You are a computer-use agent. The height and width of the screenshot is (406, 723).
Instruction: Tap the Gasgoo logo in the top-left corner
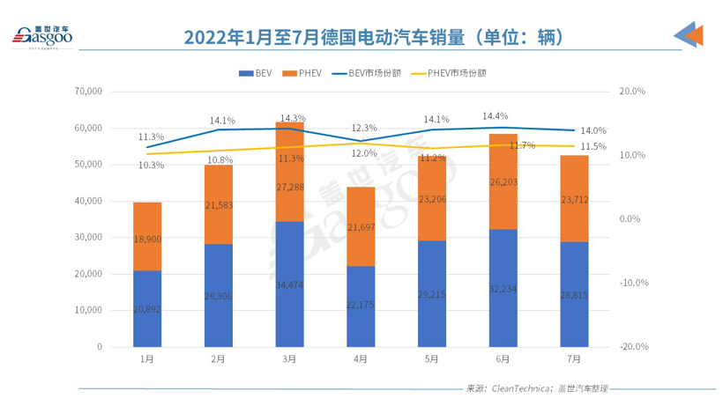point(44,36)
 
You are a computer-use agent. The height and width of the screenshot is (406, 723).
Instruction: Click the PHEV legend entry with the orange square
point(305,73)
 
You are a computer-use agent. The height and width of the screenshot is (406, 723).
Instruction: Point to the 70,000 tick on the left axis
point(90,92)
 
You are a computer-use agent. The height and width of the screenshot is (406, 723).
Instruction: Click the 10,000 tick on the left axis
point(90,311)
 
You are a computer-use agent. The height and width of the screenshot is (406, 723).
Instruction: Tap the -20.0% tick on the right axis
point(634,347)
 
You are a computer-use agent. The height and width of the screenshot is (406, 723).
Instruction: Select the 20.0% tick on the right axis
point(634,92)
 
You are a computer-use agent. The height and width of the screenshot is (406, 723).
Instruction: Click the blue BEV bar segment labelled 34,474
point(289,284)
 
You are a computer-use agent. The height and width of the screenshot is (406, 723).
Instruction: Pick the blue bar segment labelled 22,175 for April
point(360,306)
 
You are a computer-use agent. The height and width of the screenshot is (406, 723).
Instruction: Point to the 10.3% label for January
point(151,165)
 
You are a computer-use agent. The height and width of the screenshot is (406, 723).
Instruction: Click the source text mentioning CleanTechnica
point(537,388)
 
